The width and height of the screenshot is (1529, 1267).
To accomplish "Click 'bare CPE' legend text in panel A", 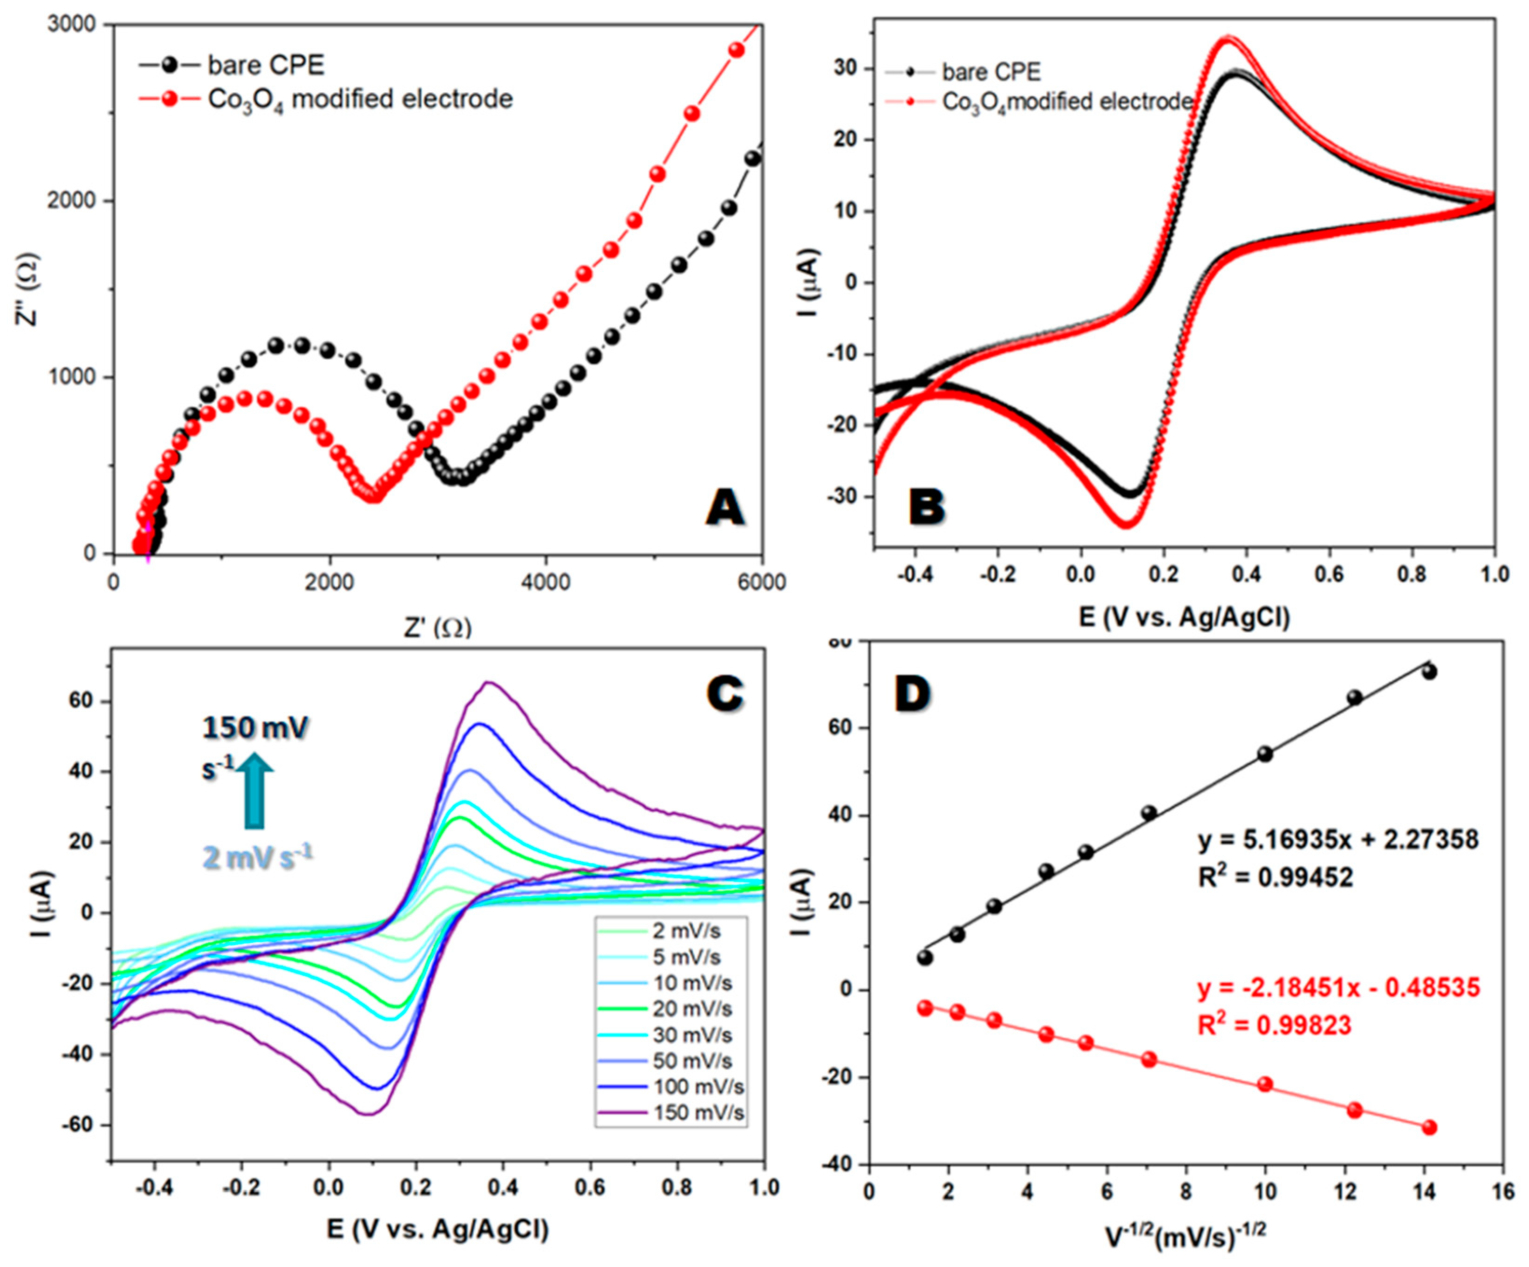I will (266, 66).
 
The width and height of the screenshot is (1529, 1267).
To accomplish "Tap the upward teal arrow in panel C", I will (254, 789).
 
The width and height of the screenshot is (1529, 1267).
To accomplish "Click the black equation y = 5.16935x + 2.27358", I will (1338, 840).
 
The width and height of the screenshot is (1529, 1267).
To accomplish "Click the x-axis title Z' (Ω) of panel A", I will (437, 627).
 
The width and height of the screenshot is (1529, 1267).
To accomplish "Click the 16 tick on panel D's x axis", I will (1503, 1192).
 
